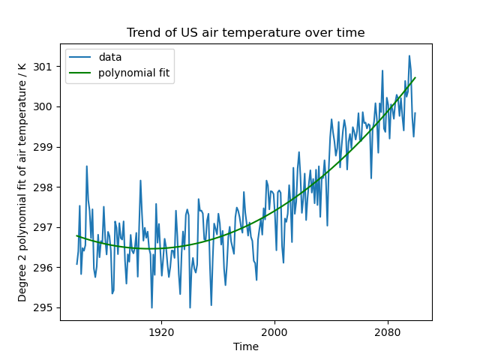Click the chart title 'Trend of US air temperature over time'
(245, 33)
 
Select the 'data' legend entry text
(109, 57)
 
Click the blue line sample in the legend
(81, 58)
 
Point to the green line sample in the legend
(81, 73)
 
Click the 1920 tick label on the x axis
(160, 331)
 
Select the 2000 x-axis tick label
(274, 331)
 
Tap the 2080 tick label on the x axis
(387, 331)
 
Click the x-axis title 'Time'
(245, 346)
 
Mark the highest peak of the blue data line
(409, 55)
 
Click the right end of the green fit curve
(415, 77)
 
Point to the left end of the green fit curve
(76, 235)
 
